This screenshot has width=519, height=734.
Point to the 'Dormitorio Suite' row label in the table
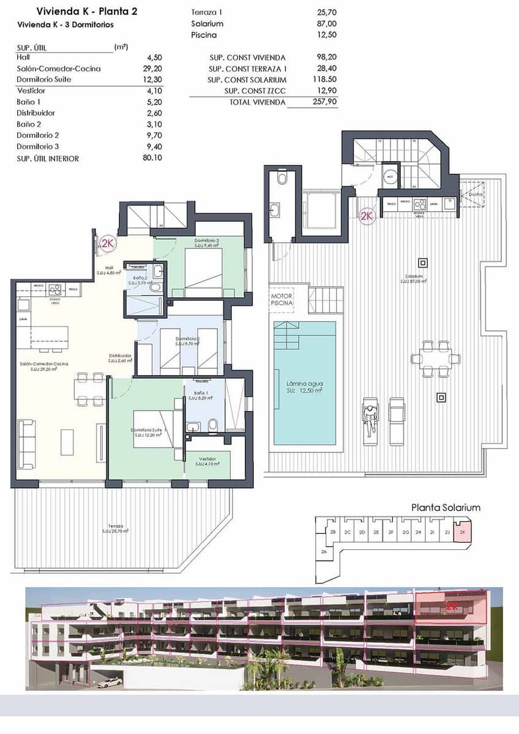44,80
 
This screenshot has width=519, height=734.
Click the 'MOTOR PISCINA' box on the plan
283,299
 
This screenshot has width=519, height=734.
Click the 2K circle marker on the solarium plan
367,216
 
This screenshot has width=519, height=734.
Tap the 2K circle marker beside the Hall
108,244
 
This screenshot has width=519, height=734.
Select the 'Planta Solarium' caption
446,507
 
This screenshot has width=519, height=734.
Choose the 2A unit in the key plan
324,552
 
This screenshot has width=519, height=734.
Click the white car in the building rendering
109,683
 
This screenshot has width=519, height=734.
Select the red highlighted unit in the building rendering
450,607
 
